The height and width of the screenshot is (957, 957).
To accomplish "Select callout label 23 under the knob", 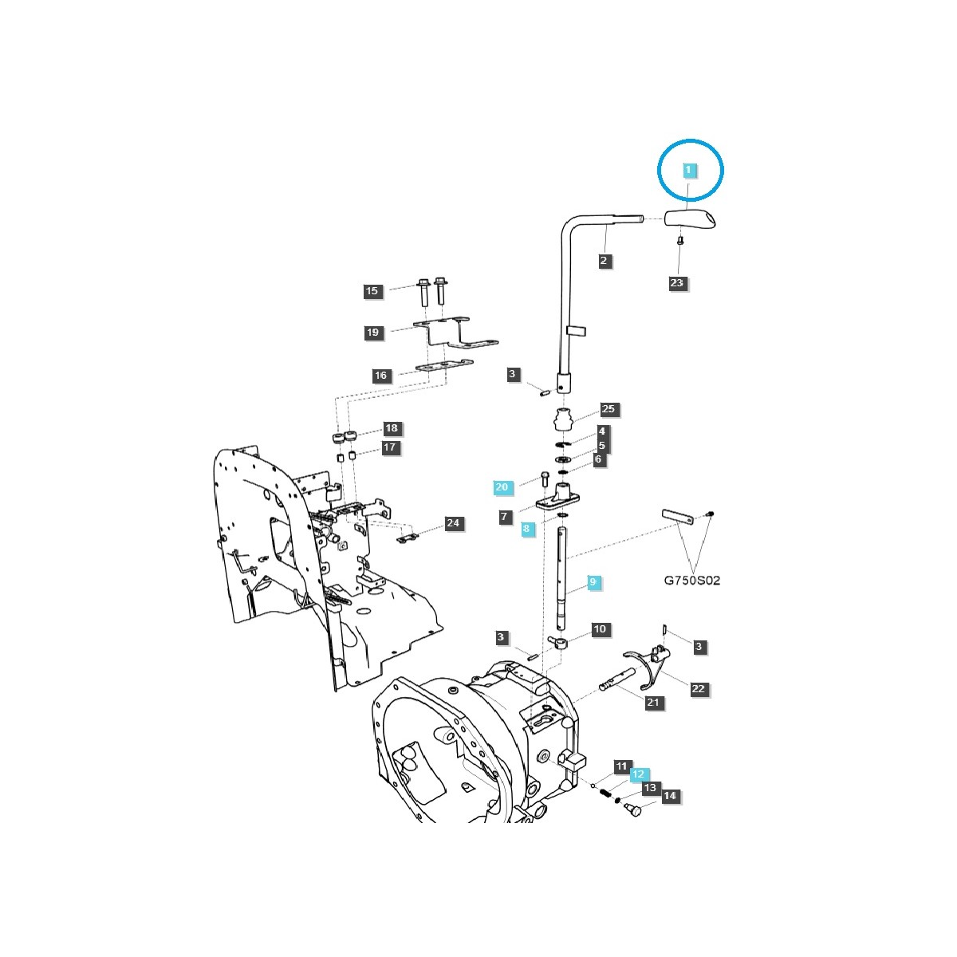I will (677, 283).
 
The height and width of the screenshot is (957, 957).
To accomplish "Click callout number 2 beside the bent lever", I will (604, 260).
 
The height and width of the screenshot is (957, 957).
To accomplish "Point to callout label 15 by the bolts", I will (372, 291).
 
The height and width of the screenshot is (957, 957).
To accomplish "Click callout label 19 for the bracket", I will (373, 333).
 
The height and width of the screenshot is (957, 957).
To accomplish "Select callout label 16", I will (380, 376).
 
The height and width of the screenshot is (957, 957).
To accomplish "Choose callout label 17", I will (389, 448).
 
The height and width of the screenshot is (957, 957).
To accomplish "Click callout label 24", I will (453, 523).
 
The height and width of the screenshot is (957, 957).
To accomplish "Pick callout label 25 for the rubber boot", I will (609, 409).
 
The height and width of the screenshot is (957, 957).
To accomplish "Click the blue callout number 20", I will (501, 486).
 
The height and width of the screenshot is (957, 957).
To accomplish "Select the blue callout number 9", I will (593, 583).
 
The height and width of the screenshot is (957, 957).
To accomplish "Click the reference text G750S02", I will (691, 581).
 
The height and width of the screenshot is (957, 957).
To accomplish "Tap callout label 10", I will (600, 629).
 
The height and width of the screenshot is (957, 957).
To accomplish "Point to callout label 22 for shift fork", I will (699, 689).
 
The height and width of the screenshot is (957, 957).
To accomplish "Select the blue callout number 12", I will (638, 774).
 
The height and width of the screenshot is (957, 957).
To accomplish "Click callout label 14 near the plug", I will (670, 796).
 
